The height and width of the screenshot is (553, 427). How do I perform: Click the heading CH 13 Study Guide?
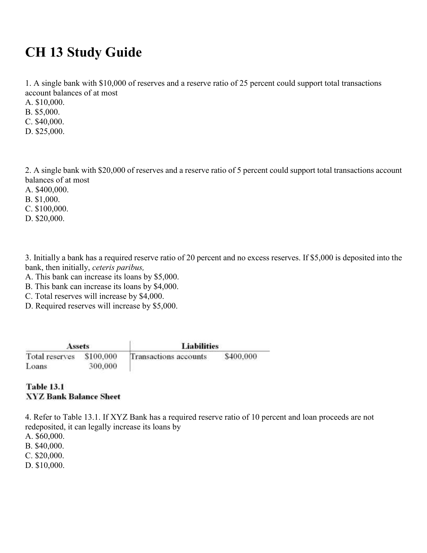coord(83,53)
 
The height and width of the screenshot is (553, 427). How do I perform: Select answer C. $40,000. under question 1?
coord(45,122)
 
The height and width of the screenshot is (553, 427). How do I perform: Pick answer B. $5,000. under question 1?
coord(43,112)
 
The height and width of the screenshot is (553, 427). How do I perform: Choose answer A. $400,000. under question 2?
coord(47,190)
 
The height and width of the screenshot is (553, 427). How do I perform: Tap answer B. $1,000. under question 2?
coord(43,199)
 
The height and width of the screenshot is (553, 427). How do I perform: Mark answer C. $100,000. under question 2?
coord(47,209)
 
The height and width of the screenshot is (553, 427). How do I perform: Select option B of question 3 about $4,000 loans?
coord(102,286)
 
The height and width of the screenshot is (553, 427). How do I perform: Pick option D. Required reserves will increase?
coord(101,306)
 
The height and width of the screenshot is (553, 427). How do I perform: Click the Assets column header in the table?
coord(78,346)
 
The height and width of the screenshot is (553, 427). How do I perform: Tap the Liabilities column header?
coord(200,346)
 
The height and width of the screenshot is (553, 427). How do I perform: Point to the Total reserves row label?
coord(50,356)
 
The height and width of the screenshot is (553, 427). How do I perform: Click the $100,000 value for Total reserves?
coord(101,356)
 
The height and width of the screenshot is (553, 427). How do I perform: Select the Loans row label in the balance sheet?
coord(37,366)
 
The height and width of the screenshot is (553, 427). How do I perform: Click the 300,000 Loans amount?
coord(103,366)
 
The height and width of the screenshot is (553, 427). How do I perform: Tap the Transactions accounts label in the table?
coord(169,356)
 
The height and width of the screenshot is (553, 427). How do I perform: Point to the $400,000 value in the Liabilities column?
coord(241,356)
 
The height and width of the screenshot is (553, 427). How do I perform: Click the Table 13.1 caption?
coord(45,387)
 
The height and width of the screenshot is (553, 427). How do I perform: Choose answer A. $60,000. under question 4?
coord(45,436)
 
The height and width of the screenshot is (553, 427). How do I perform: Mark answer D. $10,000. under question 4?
coord(45,465)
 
